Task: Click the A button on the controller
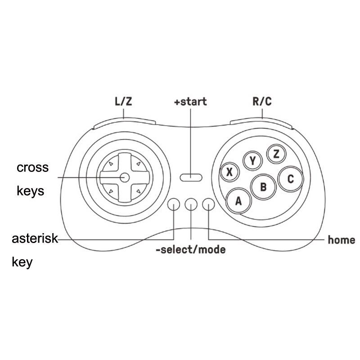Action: coord(239,201)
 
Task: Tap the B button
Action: coord(263,187)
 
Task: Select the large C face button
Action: coord(290,179)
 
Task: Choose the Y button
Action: coord(252,161)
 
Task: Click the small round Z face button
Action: coord(276,154)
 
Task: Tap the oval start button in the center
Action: coord(191,177)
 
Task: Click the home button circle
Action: coord(208,204)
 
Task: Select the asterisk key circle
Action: coord(174,204)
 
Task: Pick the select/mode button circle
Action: coord(191,204)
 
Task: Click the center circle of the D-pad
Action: coord(125,177)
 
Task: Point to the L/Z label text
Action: coord(123,102)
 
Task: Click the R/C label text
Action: coord(262,101)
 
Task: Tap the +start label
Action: coord(190,102)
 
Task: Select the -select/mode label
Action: coord(190,250)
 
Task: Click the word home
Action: coord(342,240)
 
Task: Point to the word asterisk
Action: coord(35,238)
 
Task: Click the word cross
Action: coord(32,168)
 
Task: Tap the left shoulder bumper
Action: coord(125,123)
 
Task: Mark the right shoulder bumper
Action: coord(261,123)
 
